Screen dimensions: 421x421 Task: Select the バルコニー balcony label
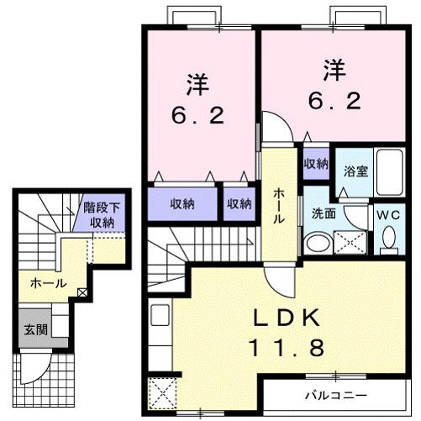(329, 394)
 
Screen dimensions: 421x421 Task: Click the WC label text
(388, 214)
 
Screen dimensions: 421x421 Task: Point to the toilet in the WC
(388, 240)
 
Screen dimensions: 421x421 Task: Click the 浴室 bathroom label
(355, 171)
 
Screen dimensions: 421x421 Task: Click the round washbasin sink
(317, 244)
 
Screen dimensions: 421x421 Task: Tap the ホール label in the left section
(48, 284)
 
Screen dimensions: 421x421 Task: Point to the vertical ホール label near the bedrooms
(278, 205)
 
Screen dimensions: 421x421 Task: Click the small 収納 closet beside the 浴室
(316, 163)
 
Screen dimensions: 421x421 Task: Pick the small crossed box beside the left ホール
(82, 292)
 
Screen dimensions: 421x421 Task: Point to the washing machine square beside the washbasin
(350, 242)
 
